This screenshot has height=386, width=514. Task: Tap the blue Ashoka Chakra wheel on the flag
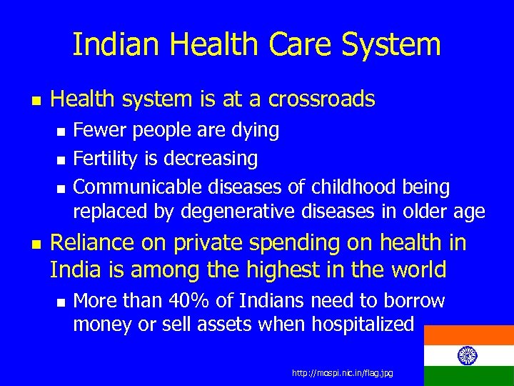click(468, 355)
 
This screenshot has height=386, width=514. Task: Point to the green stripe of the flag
click(468, 377)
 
